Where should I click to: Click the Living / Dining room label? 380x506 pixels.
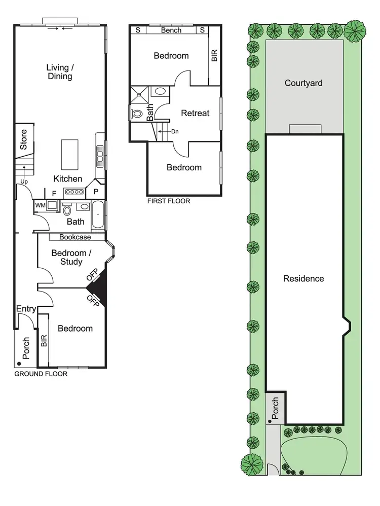click(x=59, y=72)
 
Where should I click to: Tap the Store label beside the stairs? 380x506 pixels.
click(x=23, y=139)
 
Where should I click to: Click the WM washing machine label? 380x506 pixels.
click(x=39, y=205)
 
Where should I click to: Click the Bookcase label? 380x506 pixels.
click(x=75, y=237)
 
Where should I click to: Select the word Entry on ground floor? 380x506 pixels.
click(x=26, y=309)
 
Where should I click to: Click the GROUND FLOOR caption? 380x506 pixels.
click(x=41, y=374)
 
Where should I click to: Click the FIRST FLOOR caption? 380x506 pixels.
click(x=169, y=201)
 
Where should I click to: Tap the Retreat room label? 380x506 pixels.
click(x=195, y=113)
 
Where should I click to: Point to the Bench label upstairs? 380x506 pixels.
click(x=171, y=30)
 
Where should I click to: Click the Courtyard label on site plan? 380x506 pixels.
click(x=303, y=83)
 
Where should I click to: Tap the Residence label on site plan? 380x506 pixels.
click(x=303, y=278)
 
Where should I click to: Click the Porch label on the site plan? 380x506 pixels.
click(x=275, y=408)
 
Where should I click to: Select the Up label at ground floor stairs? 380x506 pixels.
click(x=23, y=181)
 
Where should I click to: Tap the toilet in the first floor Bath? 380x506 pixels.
click(x=136, y=114)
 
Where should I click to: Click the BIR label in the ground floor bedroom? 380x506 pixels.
click(x=44, y=341)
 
